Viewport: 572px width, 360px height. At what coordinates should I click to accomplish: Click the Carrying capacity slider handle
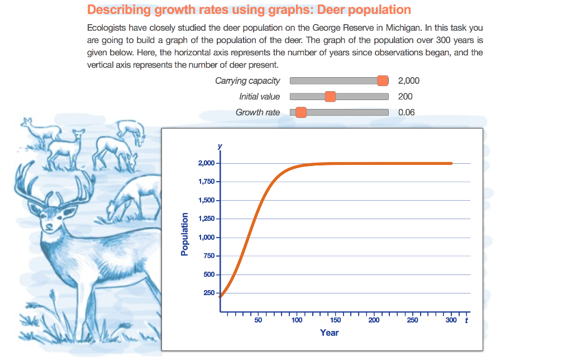coord(383,80)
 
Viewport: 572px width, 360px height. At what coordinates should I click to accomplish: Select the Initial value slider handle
coord(330,97)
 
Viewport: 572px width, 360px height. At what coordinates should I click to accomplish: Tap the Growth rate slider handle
coord(301,112)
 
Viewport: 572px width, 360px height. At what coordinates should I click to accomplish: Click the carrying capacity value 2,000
coord(409,80)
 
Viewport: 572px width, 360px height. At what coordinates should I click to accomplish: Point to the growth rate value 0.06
coord(407,112)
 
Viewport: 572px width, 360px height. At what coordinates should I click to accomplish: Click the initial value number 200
coord(406,97)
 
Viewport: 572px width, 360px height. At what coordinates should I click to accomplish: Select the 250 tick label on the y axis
coord(209,293)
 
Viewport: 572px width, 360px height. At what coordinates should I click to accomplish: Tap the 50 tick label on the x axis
coord(258,320)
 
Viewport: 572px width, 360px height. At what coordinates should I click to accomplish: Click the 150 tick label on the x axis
coord(335,320)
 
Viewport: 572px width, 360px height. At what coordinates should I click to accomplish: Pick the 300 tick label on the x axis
coord(451,320)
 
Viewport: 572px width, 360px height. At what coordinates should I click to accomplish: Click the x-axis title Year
coord(329,333)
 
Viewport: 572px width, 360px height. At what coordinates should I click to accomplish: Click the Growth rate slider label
coord(258,112)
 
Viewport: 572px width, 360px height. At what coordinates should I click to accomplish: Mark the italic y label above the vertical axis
coord(220,146)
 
